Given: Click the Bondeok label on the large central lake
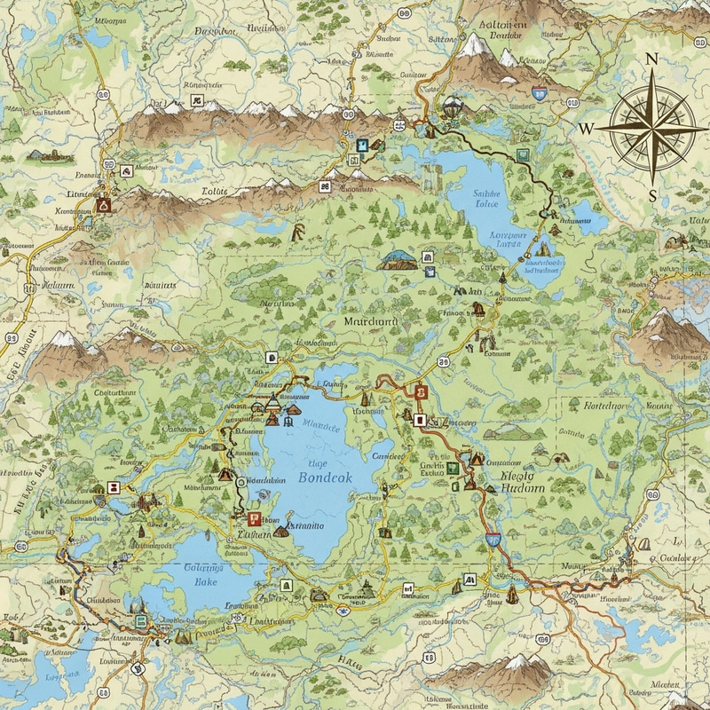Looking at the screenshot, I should pyautogui.click(x=327, y=477).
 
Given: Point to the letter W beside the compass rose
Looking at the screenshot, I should pyautogui.click(x=587, y=128).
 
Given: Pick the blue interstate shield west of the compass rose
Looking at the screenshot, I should pyautogui.click(x=538, y=90).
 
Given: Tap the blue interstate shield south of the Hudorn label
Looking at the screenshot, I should pyautogui.click(x=491, y=538).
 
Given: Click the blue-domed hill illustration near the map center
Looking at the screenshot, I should pyautogui.click(x=396, y=259).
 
